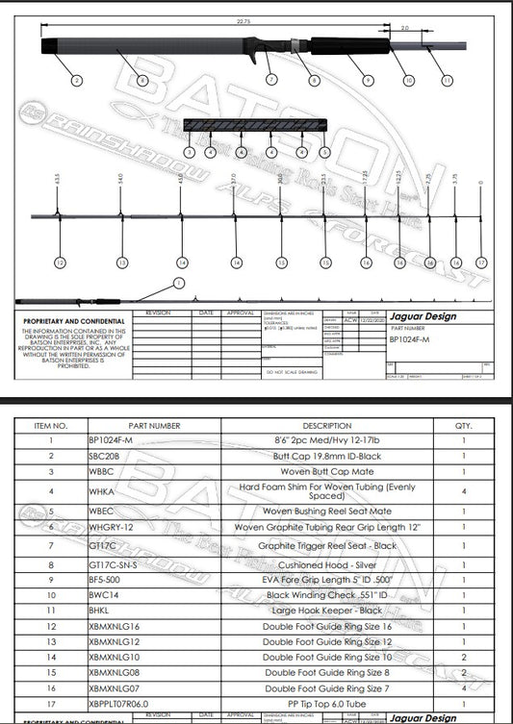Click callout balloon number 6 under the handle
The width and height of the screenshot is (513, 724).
(x=143, y=82)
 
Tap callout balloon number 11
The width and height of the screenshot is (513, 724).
(x=446, y=81)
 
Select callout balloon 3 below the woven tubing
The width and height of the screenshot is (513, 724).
(x=189, y=152)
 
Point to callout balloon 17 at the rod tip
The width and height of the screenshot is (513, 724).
(x=482, y=262)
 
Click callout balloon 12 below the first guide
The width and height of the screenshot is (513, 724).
(x=61, y=262)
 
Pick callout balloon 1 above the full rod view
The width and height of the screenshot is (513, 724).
(x=176, y=282)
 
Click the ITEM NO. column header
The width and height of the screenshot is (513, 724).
(x=50, y=424)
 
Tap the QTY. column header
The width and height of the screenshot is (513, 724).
(x=464, y=424)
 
